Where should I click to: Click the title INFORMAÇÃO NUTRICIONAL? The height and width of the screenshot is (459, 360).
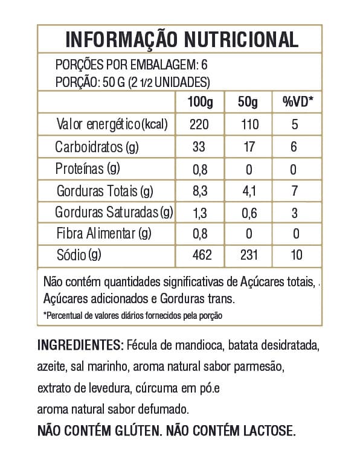pyautogui.click(x=181, y=39)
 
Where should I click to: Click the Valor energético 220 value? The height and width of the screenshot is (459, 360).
pyautogui.click(x=200, y=125)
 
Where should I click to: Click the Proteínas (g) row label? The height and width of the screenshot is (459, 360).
pyautogui.click(x=88, y=169)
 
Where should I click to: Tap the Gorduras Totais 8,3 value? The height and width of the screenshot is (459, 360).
pyautogui.click(x=200, y=191)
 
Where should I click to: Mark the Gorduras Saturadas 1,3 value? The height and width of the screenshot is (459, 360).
pyautogui.click(x=200, y=213)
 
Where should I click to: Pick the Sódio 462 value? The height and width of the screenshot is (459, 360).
pyautogui.click(x=200, y=255)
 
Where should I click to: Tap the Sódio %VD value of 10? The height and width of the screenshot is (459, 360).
pyautogui.click(x=296, y=255)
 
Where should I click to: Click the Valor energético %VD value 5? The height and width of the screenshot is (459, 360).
pyautogui.click(x=296, y=125)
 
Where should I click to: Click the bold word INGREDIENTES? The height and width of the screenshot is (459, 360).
pyautogui.click(x=80, y=345)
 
